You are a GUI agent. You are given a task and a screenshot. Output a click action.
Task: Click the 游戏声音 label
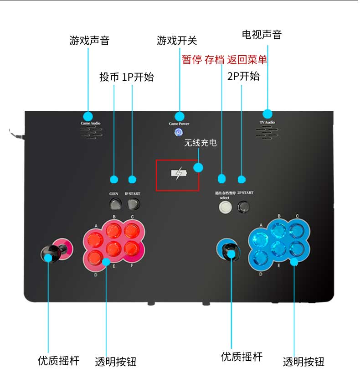tap(89, 41)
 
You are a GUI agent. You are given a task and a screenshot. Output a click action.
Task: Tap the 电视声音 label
tap(262, 35)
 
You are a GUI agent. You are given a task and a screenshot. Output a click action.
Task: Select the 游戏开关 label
tap(177, 41)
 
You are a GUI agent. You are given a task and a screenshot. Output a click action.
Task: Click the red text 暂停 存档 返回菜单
tap(224, 60)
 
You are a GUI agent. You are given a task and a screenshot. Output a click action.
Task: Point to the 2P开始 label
tap(243, 76)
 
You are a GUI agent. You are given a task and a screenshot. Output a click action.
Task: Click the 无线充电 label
tap(200, 143)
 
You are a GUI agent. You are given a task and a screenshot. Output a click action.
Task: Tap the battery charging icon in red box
tap(178, 174)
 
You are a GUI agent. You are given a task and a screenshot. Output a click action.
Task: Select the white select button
tap(225, 207)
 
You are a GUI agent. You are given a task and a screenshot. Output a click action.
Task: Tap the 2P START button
tap(245, 206)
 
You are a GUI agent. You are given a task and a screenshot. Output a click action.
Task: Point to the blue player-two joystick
tap(227, 250)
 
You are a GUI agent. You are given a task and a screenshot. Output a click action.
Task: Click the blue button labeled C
tap(297, 229)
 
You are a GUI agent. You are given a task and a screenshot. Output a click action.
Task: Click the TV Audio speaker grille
tap(267, 133)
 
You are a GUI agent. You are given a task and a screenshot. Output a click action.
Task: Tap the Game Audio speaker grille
tap(91, 133)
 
